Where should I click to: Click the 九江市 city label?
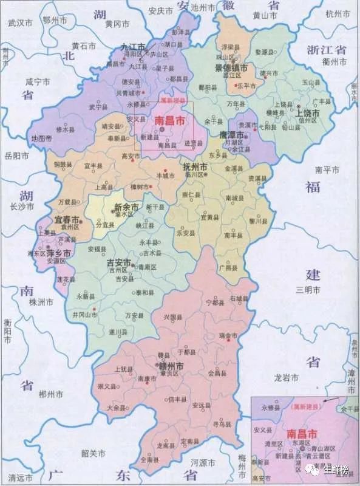pos(134,47)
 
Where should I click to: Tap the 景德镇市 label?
pos(231,69)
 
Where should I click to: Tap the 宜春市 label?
pos(67,219)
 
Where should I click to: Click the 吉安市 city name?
pos(119,263)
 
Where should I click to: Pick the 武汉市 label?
pos(19,23)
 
